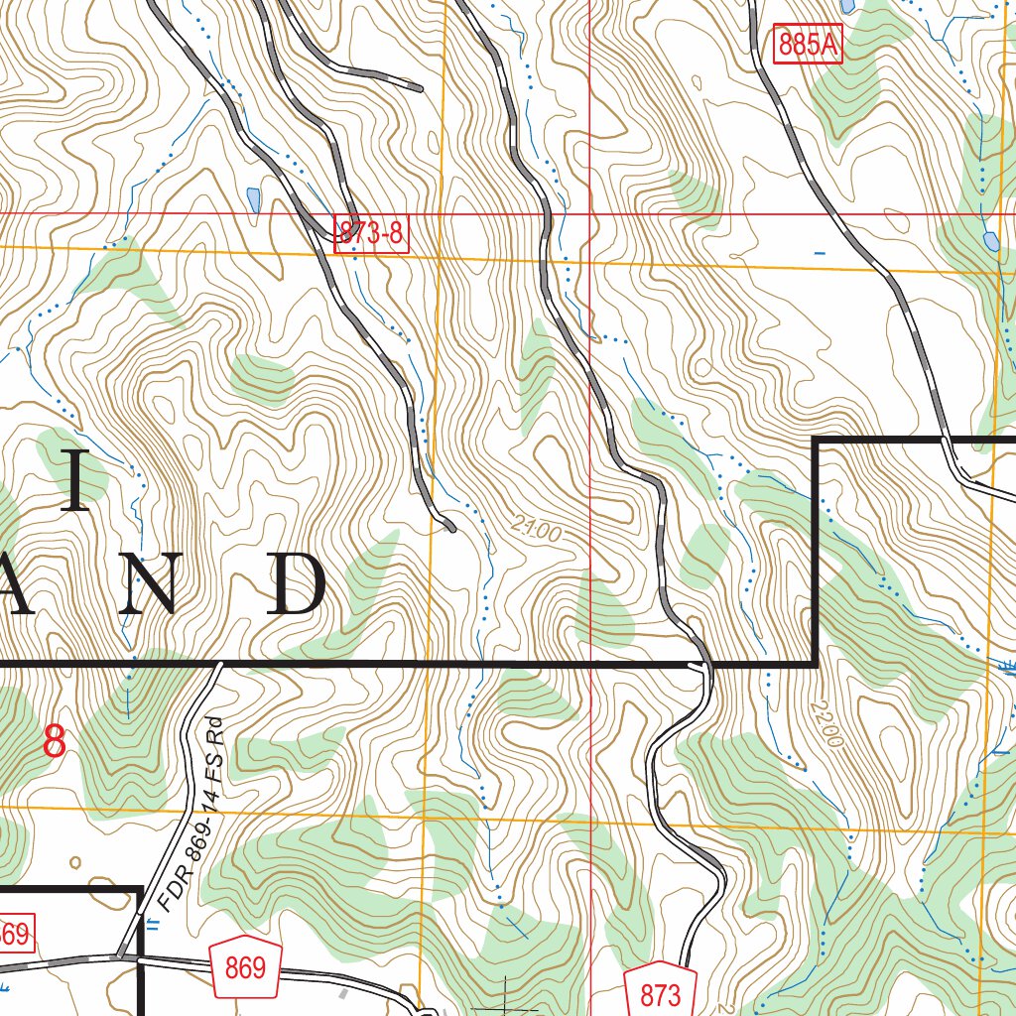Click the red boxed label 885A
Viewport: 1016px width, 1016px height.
(x=809, y=46)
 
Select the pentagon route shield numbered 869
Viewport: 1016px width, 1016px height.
(x=245, y=964)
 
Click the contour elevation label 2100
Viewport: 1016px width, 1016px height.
(x=539, y=532)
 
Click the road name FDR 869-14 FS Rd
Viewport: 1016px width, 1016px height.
(x=194, y=815)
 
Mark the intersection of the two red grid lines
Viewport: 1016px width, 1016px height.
(x=590, y=213)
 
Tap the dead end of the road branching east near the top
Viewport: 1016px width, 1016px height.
(x=421, y=88)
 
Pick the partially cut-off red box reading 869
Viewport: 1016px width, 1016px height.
(x=15, y=935)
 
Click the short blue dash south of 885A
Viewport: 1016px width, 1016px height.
(x=819, y=254)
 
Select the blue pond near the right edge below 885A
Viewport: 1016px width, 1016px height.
(x=989, y=240)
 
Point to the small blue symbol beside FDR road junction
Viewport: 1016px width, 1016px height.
(x=152, y=925)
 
